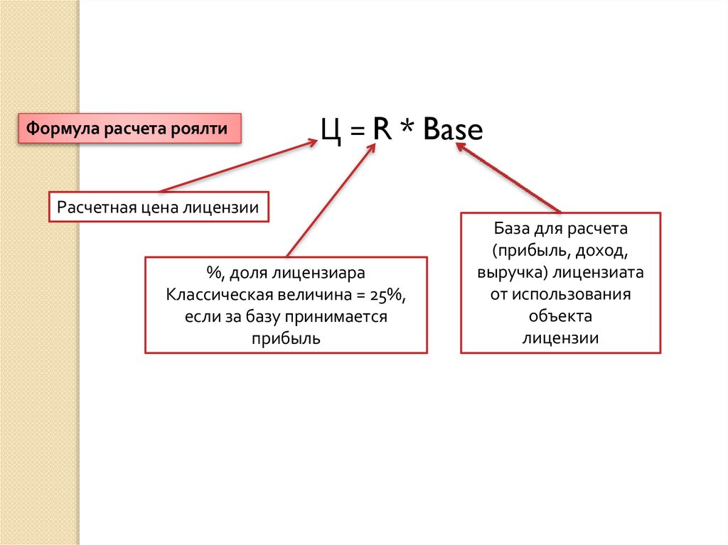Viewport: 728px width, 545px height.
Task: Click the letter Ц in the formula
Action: (332, 132)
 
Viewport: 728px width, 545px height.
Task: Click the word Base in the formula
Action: (452, 131)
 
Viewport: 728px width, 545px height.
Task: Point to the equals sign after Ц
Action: (355, 133)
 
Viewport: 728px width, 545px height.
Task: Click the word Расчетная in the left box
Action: (93, 207)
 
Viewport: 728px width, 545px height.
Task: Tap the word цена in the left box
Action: (157, 207)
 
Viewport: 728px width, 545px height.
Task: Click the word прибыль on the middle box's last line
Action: (286, 338)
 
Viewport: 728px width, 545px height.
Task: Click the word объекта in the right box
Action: (560, 316)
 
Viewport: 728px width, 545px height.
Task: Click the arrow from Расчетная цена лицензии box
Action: (238, 166)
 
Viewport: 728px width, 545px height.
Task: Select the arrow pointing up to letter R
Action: (331, 199)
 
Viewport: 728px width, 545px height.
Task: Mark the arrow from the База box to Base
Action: (508, 178)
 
